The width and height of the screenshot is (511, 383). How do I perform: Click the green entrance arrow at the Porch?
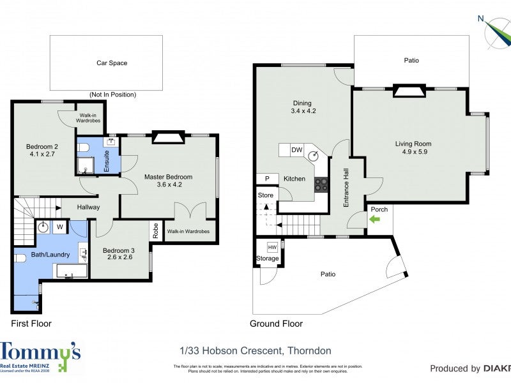point(373,219)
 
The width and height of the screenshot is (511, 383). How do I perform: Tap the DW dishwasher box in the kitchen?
point(296,150)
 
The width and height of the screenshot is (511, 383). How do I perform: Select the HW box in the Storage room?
point(273,247)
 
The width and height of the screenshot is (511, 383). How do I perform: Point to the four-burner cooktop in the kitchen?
point(321,184)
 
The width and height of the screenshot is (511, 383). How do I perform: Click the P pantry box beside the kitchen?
point(267,179)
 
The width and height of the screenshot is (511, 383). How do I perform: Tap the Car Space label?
point(112,63)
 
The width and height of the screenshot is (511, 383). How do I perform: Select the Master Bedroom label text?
point(168,177)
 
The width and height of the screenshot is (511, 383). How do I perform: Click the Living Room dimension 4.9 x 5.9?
point(413,153)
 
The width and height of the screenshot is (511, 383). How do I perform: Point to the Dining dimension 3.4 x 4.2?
point(303,111)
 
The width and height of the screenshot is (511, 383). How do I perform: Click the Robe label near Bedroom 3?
point(155,230)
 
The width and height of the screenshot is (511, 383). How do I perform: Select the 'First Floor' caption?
point(31,324)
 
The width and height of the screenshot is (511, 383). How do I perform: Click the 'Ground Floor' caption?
point(276,324)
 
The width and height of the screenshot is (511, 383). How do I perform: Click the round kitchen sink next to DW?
point(314,154)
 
